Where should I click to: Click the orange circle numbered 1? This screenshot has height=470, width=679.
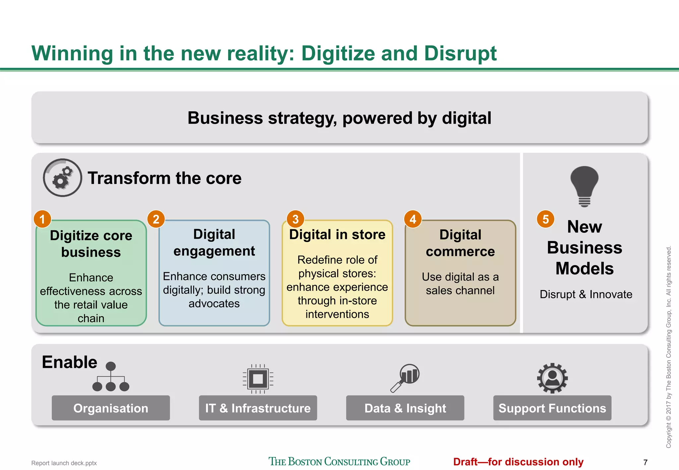(42, 219)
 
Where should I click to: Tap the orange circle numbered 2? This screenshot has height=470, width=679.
(156, 219)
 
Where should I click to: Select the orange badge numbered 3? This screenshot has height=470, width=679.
(295, 219)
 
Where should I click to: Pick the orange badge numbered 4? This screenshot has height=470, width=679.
(413, 219)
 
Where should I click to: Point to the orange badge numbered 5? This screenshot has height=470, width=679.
(545, 219)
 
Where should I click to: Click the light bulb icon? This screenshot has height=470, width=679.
(585, 186)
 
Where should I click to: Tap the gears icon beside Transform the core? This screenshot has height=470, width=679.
(62, 178)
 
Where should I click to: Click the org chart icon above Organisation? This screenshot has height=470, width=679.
(111, 377)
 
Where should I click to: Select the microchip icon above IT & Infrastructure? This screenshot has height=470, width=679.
(258, 379)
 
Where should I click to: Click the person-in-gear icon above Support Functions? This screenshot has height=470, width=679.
(552, 378)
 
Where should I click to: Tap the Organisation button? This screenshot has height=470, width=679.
(111, 408)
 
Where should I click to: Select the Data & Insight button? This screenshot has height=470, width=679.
(405, 408)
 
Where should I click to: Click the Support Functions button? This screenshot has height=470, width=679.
(552, 408)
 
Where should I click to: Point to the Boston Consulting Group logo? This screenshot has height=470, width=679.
(339, 461)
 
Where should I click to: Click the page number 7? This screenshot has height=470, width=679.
(645, 462)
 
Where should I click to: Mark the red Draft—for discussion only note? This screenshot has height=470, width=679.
(518, 462)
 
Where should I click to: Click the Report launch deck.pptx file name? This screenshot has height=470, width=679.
(64, 463)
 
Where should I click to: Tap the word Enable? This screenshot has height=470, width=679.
(70, 362)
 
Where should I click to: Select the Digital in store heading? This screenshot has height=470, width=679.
(337, 235)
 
